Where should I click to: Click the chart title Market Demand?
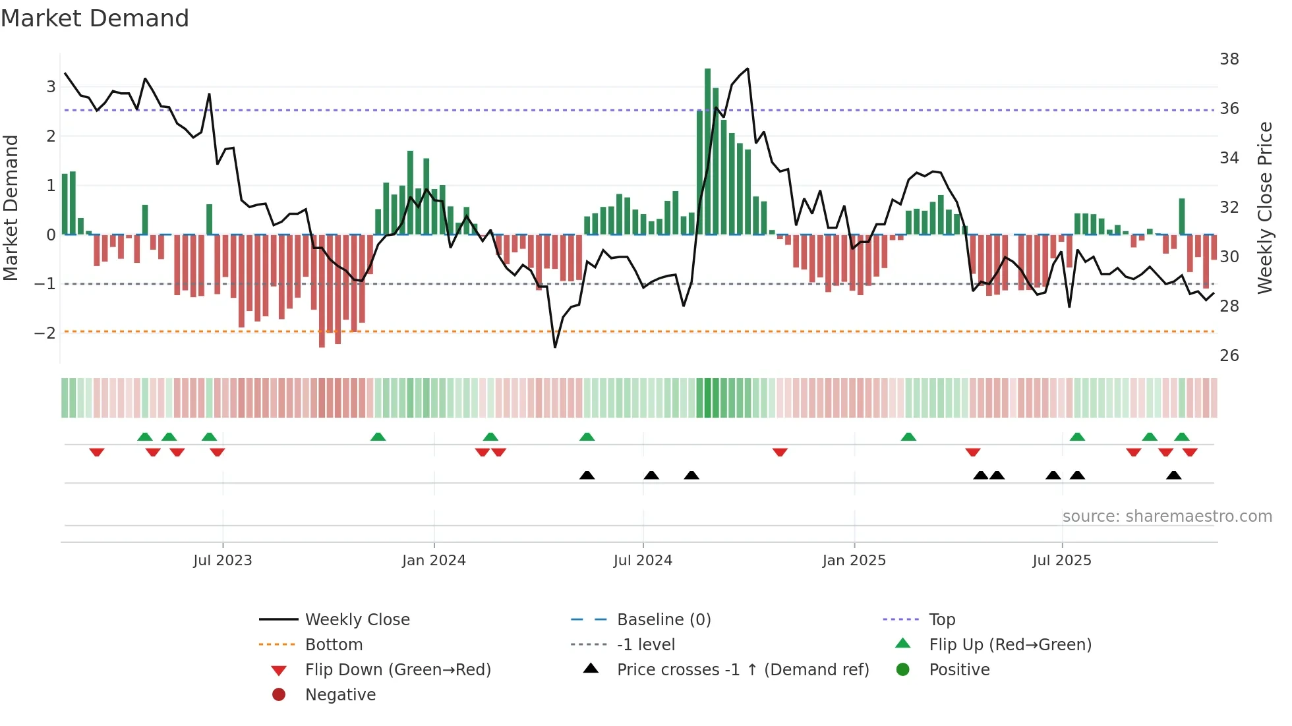[95, 18]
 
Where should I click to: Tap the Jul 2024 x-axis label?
[643, 561]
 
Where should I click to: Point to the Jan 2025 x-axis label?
[854, 561]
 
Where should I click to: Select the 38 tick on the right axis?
[1229, 59]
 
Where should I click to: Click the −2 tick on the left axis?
[45, 333]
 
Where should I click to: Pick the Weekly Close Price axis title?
[1264, 208]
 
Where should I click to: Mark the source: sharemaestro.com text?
[1167, 517]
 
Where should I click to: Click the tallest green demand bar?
[707, 152]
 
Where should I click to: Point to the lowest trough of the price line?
[555, 347]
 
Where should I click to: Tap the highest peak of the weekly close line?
[748, 69]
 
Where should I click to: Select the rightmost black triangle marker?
[1173, 476]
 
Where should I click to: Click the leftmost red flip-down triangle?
[97, 452]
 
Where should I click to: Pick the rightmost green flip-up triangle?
[1181, 437]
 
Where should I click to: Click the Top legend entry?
[941, 620]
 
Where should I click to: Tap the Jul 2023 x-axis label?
[222, 561]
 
